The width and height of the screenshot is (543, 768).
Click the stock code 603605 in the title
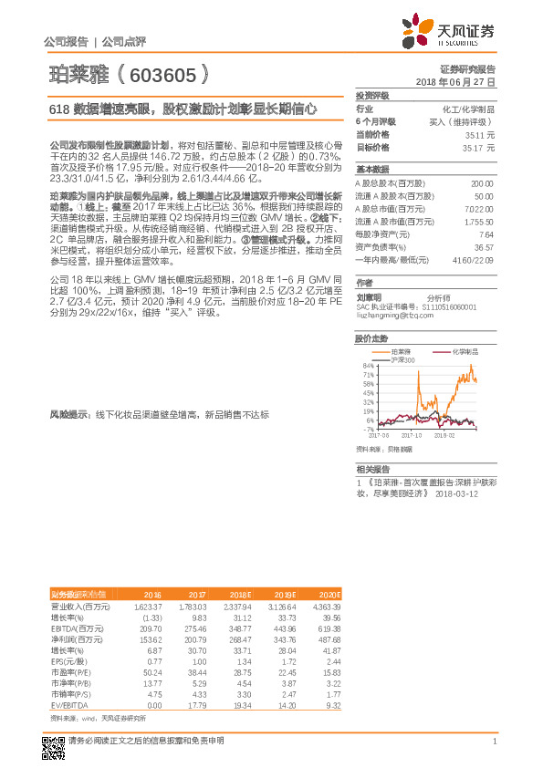169,73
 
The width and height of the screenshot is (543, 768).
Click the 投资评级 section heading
372,96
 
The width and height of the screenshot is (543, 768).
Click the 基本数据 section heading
372,170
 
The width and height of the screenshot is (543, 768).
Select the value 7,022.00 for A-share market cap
478,208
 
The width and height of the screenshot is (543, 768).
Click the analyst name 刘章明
370,296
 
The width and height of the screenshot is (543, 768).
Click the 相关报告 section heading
372,468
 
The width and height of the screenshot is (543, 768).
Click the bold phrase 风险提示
68,414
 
